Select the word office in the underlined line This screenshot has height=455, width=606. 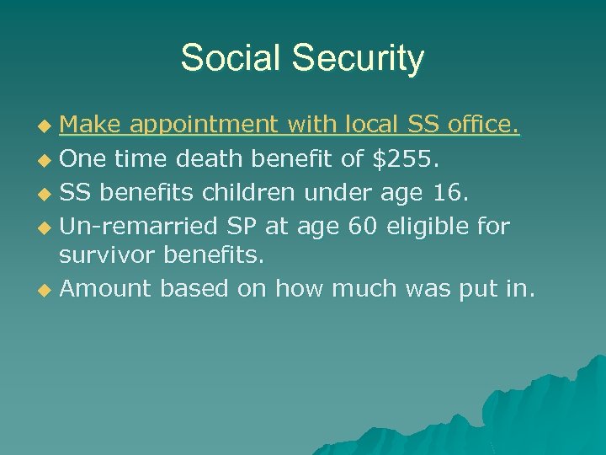tap(481, 126)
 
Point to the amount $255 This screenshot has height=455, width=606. tap(414, 158)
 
